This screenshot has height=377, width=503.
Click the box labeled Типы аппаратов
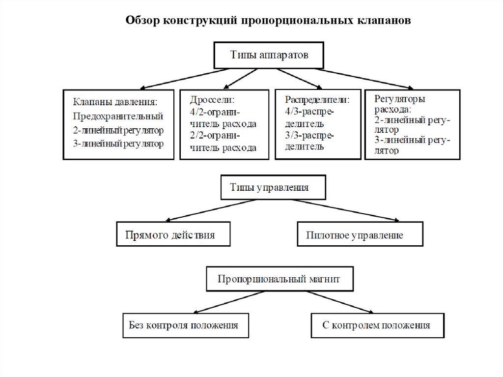269,55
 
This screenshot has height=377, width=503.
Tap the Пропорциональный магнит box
279,279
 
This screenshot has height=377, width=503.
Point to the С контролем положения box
377,325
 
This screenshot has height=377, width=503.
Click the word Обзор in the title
143,21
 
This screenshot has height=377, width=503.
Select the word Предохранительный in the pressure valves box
118,116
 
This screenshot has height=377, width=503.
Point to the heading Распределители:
317,99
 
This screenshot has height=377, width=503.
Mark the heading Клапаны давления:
115,102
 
